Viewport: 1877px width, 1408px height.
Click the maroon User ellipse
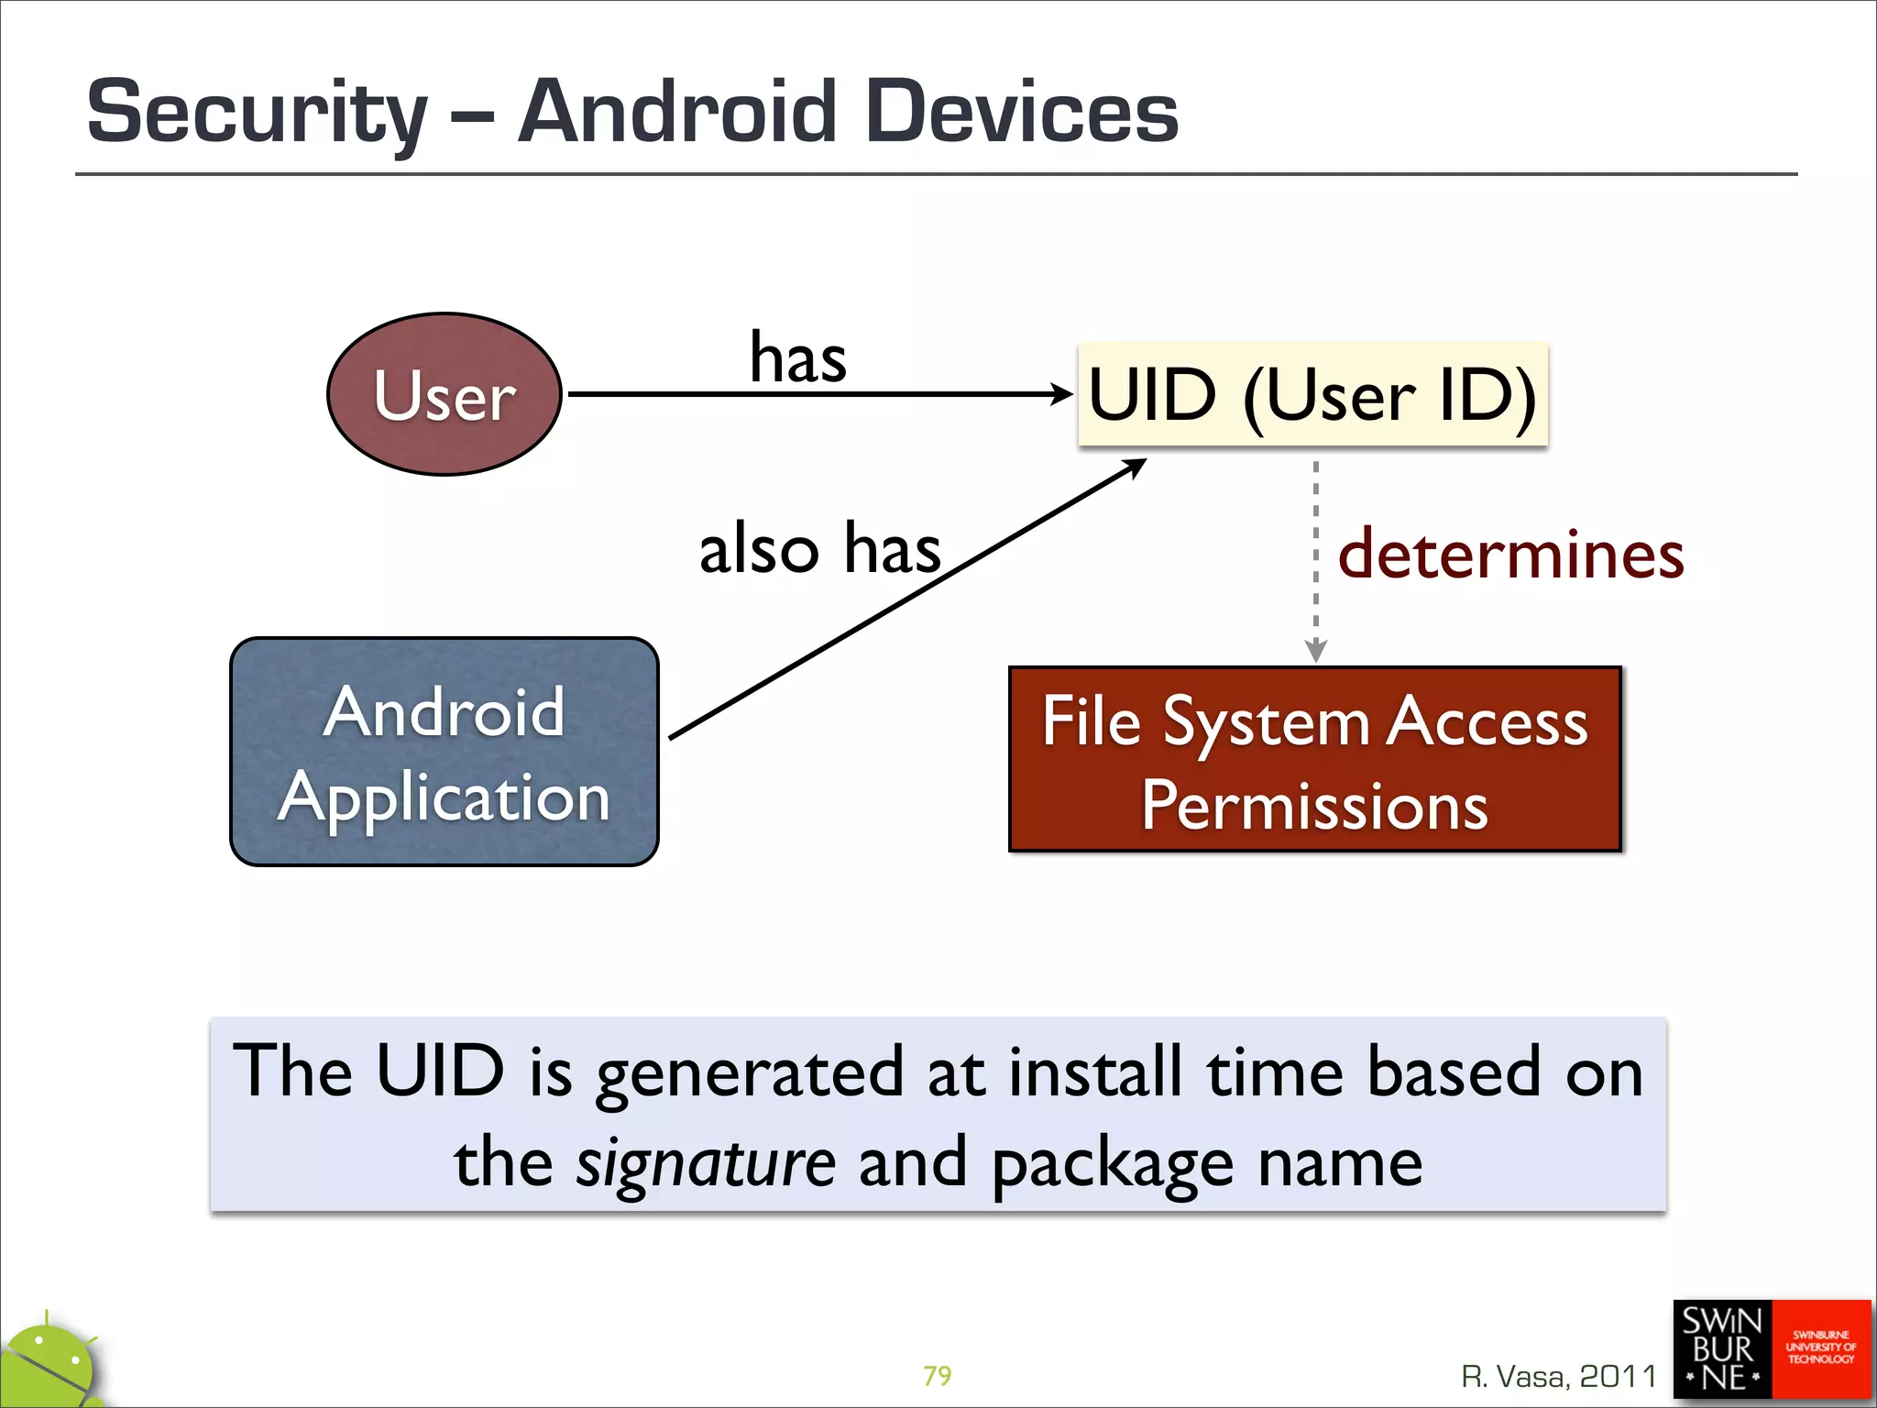click(x=445, y=394)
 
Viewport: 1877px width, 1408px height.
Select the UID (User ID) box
click(x=1312, y=395)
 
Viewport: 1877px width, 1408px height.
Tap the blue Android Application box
click(x=445, y=752)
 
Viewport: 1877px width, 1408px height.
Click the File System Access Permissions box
click(x=1315, y=760)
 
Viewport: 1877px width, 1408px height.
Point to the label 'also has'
click(x=819, y=549)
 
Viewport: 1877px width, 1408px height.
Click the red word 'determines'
click(x=1510, y=555)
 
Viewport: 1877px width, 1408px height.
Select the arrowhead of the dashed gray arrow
click(x=1315, y=650)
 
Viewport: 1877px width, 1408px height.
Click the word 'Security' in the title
click(x=258, y=113)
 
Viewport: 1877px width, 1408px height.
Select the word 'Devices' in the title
click(x=1021, y=113)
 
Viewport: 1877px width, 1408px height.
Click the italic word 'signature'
click(x=706, y=1163)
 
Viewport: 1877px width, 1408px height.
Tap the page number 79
click(x=937, y=1375)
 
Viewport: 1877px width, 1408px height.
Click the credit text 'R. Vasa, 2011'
click(x=1559, y=1376)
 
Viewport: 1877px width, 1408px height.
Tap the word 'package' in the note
click(x=1114, y=1165)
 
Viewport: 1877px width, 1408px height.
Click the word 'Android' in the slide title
click(x=677, y=113)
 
